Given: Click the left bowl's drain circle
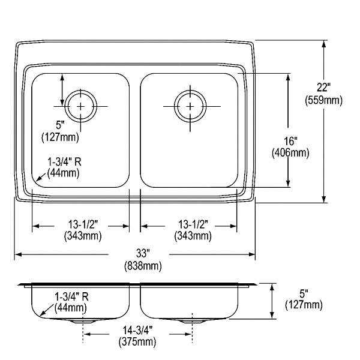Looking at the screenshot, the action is [80, 90].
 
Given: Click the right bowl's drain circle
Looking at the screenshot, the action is [190, 90].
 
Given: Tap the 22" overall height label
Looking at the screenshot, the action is [323, 87].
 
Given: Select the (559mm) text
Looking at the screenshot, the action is [323, 100].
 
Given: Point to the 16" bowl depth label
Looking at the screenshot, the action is [290, 141].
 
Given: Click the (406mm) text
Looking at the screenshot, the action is [290, 153].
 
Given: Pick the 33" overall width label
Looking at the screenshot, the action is [143, 253].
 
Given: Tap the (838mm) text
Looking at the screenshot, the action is [143, 266].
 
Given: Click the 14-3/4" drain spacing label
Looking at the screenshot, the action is [137, 331].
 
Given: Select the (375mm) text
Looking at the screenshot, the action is [137, 342].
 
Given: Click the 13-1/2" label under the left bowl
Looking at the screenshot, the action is [83, 224].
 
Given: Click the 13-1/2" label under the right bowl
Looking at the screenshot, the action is [193, 224].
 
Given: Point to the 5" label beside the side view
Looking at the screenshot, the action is [304, 293].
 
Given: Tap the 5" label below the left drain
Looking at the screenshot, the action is [60, 125].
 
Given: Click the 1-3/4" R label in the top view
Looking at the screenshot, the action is [64, 162].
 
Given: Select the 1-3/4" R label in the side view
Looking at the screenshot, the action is [71, 297].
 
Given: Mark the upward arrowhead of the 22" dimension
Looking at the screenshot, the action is [324, 44].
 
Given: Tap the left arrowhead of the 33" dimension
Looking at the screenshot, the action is [18, 254].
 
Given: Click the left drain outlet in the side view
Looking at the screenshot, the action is [83, 321].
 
